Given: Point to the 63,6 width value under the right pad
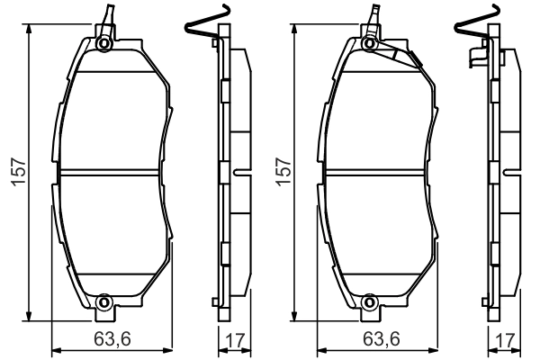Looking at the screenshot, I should pos(382,339).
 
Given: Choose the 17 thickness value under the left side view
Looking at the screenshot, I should pos(233,339).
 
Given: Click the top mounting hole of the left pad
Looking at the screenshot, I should pos(104,44).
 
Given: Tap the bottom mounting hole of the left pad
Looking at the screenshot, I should pos(104,302).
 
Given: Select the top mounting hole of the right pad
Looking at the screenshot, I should pos(370,44).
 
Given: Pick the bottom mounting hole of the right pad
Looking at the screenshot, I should pos(370,302).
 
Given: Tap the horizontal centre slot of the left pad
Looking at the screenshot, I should pos(112,173).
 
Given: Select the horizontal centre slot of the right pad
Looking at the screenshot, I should pos(378,173).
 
